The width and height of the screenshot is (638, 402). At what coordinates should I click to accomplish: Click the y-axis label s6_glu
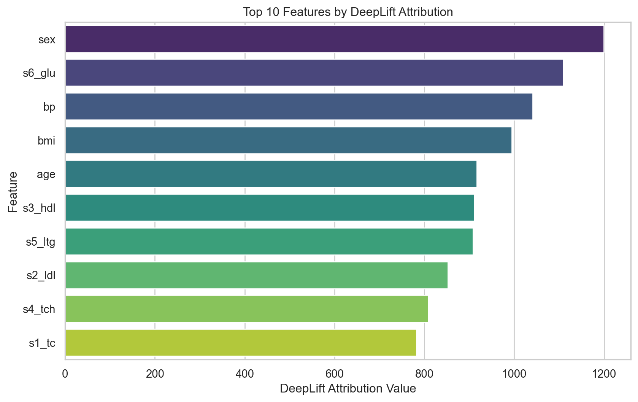[x=39, y=73]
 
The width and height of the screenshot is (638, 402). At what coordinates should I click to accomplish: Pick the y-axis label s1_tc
[x=42, y=343]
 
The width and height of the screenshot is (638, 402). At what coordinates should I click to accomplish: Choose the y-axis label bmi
[x=46, y=141]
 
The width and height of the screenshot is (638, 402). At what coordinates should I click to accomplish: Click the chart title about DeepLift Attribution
[x=348, y=12]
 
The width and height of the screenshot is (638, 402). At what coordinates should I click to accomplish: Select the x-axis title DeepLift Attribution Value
[x=348, y=389]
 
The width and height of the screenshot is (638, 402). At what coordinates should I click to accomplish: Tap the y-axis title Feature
[x=13, y=192]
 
